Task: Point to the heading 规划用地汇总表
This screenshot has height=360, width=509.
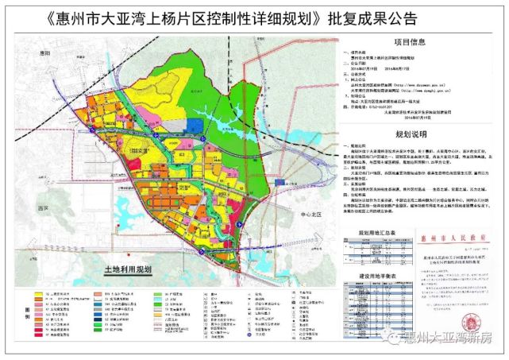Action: coord(374,233)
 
